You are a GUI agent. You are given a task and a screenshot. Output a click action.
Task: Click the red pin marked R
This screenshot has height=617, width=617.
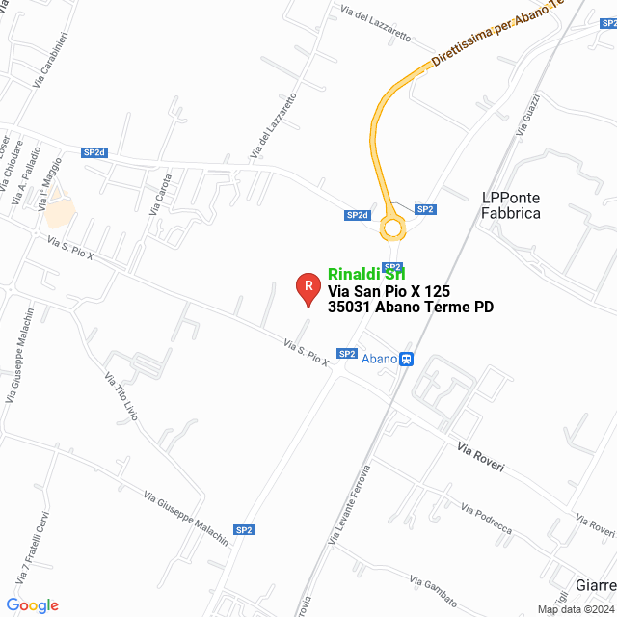click(308, 287)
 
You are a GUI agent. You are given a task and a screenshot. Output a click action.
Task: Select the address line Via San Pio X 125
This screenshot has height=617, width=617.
click(389, 290)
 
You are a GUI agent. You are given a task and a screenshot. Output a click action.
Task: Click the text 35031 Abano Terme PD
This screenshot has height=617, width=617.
click(411, 308)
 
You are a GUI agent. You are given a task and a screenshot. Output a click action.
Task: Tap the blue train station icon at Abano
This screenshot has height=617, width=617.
click(407, 359)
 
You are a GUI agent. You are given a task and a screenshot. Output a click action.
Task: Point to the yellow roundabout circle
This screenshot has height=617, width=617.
click(391, 228)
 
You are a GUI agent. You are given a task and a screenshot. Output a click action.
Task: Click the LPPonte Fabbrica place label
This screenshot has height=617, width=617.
click(510, 205)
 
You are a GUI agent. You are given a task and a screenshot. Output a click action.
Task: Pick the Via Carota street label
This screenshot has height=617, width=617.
click(161, 193)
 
